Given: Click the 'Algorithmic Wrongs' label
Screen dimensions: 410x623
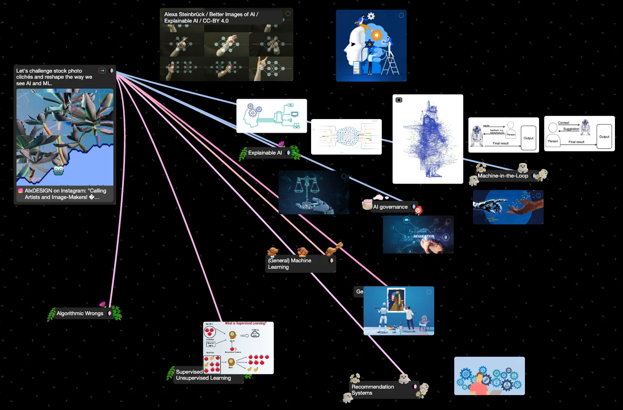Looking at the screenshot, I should pyautogui.click(x=80, y=314).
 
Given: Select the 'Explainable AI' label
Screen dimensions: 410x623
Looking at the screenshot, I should pyautogui.click(x=265, y=153).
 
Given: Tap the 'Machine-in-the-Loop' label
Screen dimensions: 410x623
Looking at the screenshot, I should pyautogui.click(x=503, y=176).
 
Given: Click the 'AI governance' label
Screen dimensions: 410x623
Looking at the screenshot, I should pyautogui.click(x=390, y=207).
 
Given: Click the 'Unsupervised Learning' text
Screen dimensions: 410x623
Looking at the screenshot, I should pyautogui.click(x=203, y=378).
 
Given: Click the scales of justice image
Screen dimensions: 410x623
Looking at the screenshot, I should pyautogui.click(x=313, y=192).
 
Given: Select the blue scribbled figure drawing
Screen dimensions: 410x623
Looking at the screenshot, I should pyautogui.click(x=428, y=139).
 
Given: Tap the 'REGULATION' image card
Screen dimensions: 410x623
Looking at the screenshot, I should pyautogui.click(x=418, y=234).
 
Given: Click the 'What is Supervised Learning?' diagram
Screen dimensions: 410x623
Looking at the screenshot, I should pyautogui.click(x=238, y=348).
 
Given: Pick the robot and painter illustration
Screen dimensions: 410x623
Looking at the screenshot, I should pyautogui.click(x=399, y=311).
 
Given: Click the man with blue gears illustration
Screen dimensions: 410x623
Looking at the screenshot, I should pyautogui.click(x=489, y=376).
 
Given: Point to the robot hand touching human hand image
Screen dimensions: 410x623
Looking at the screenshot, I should pyautogui.click(x=508, y=207).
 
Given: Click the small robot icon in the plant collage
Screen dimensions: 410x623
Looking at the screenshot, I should pyautogui.click(x=59, y=170).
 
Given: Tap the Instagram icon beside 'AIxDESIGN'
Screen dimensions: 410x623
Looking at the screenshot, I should pyautogui.click(x=21, y=191).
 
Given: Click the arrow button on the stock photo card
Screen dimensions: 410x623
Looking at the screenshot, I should pyautogui.click(x=102, y=71).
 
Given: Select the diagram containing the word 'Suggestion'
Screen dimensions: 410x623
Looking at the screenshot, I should pyautogui.click(x=579, y=134).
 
